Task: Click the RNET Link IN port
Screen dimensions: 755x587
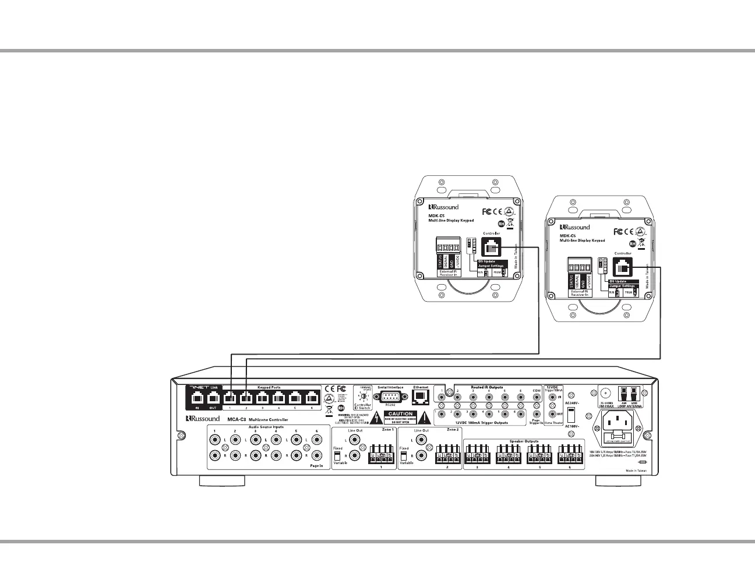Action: click(x=197, y=398)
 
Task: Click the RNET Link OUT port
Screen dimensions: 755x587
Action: click(x=213, y=398)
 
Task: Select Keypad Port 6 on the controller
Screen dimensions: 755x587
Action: click(x=312, y=398)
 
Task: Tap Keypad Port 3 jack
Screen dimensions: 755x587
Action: click(x=263, y=398)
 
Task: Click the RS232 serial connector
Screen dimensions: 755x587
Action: click(x=390, y=397)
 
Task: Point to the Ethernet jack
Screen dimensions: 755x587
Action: click(x=421, y=397)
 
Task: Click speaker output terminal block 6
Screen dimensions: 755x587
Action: click(x=570, y=454)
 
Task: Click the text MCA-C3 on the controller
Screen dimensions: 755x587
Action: click(x=237, y=419)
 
